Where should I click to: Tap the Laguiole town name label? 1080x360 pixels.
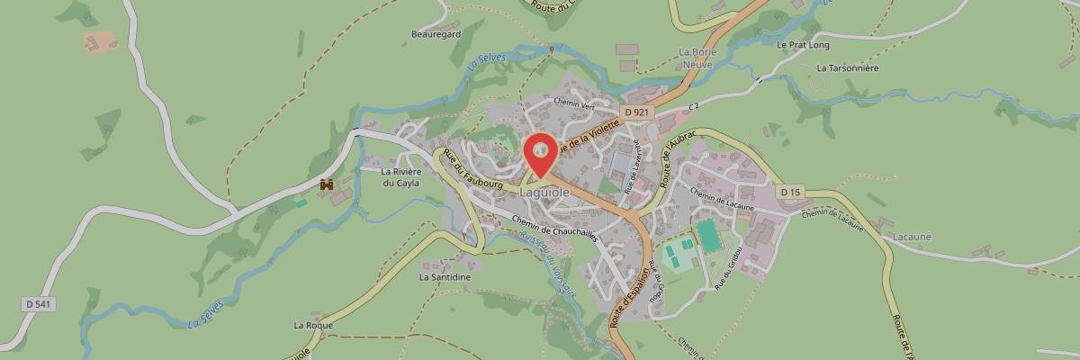pyautogui.click(x=544, y=192)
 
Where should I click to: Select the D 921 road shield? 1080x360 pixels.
pyautogui.click(x=635, y=112)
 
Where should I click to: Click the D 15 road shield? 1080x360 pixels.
pyautogui.click(x=790, y=192)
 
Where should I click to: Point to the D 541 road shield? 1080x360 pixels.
pyautogui.click(x=39, y=304)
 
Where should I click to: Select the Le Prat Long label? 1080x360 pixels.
pyautogui.click(x=800, y=43)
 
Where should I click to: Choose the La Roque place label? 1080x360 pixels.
pyautogui.click(x=313, y=325)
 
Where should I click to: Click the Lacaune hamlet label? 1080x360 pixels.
pyautogui.click(x=912, y=236)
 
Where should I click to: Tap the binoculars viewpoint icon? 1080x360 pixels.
pyautogui.click(x=327, y=184)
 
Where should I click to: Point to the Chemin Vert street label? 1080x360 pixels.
pyautogui.click(x=575, y=103)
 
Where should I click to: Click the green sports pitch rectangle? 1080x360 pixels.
pyautogui.click(x=709, y=237)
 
